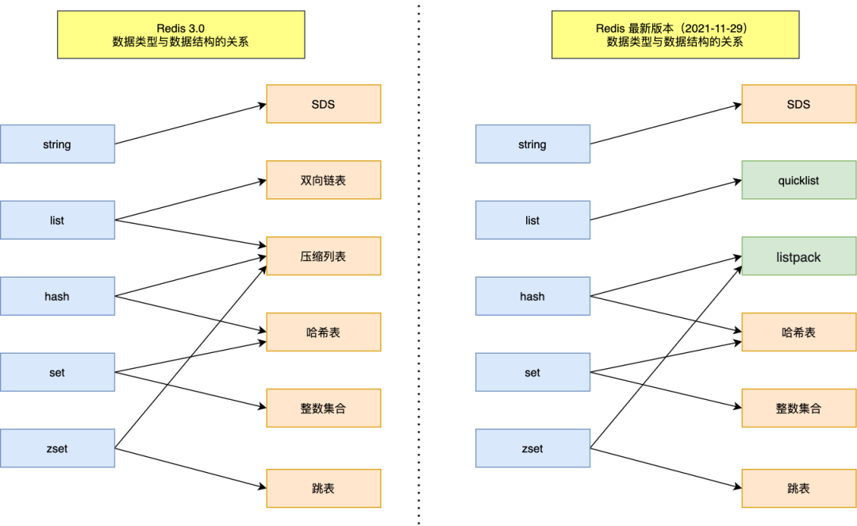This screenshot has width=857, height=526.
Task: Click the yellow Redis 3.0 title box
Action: (180, 35)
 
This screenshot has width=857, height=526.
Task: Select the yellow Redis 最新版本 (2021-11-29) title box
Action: (675, 35)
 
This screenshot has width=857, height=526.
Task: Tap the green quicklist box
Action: (798, 180)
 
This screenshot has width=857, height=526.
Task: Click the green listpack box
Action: (798, 257)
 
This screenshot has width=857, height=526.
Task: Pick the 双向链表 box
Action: (323, 180)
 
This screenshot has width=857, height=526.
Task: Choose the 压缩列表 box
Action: (323, 256)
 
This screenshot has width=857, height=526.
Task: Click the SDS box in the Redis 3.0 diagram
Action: (323, 104)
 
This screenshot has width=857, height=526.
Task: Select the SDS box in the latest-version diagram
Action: (798, 104)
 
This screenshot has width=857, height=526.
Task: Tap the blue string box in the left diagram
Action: (57, 144)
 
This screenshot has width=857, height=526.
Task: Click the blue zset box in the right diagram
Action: (532, 448)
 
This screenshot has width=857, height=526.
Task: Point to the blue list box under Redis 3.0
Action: (57, 221)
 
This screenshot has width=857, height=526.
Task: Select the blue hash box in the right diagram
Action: (532, 296)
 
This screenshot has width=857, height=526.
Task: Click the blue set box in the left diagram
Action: (57, 372)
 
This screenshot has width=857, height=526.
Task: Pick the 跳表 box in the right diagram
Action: (798, 488)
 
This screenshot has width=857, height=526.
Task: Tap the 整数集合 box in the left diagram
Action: (323, 409)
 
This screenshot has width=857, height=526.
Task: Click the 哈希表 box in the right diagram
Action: (798, 332)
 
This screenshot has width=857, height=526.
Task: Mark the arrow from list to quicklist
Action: (667, 200)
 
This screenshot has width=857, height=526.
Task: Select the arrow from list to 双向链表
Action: (190, 200)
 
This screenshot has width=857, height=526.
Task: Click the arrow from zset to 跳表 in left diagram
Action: (190, 468)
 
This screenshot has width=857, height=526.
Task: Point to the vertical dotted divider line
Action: (419, 262)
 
